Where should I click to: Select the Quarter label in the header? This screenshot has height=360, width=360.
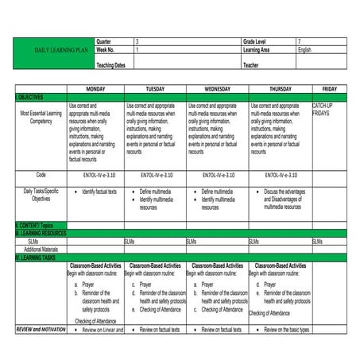point(103,41)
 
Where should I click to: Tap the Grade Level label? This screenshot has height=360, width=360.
point(256,41)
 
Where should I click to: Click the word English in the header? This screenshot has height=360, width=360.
point(305,49)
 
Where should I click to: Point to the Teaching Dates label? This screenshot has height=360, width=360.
point(110,64)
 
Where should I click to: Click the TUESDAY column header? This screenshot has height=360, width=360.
point(156,88)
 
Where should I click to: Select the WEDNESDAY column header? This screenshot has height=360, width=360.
point(217,88)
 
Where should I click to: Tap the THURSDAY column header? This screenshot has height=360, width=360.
point(280,88)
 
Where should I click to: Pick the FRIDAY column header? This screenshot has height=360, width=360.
point(330,88)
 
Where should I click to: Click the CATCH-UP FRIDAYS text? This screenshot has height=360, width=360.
point(322,110)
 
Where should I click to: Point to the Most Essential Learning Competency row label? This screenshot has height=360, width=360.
point(39,118)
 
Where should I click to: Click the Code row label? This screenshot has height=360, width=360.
point(39,174)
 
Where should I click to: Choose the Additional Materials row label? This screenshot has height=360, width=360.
point(39,250)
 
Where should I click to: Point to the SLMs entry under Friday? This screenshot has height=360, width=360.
point(317,241)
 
